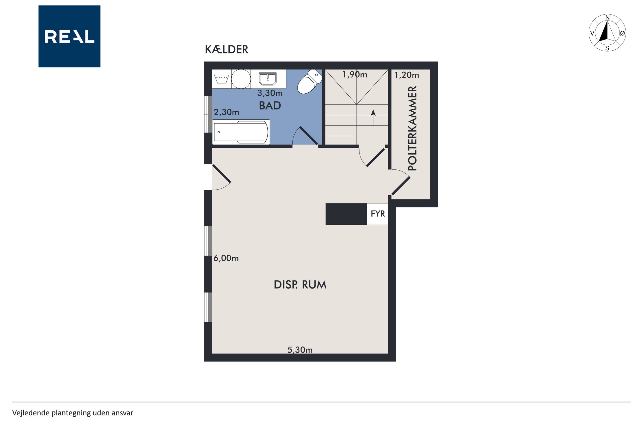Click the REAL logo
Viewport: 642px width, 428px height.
(x=69, y=36)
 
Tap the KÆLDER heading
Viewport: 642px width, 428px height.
(x=226, y=50)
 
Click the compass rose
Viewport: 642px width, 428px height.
(x=607, y=33)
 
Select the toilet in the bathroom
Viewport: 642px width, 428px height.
(x=309, y=81)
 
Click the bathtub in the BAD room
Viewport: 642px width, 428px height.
(x=241, y=132)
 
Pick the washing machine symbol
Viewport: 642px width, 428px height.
(x=222, y=79)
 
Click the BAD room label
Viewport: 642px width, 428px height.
(x=270, y=106)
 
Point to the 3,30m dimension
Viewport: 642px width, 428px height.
(x=270, y=93)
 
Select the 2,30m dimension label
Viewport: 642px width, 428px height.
(x=226, y=112)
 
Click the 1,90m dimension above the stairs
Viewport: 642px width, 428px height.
(x=355, y=75)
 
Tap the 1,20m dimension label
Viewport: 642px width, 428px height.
(x=406, y=75)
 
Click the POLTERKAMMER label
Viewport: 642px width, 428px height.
(x=413, y=128)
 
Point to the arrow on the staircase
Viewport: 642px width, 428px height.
(x=373, y=117)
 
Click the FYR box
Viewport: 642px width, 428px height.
(x=377, y=214)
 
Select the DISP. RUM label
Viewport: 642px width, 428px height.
(x=300, y=285)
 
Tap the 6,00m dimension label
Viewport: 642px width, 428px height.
(x=226, y=258)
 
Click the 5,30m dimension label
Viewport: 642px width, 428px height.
(x=300, y=350)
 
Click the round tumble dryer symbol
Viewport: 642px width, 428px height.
(x=241, y=79)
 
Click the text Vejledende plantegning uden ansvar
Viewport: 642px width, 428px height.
(x=73, y=413)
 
